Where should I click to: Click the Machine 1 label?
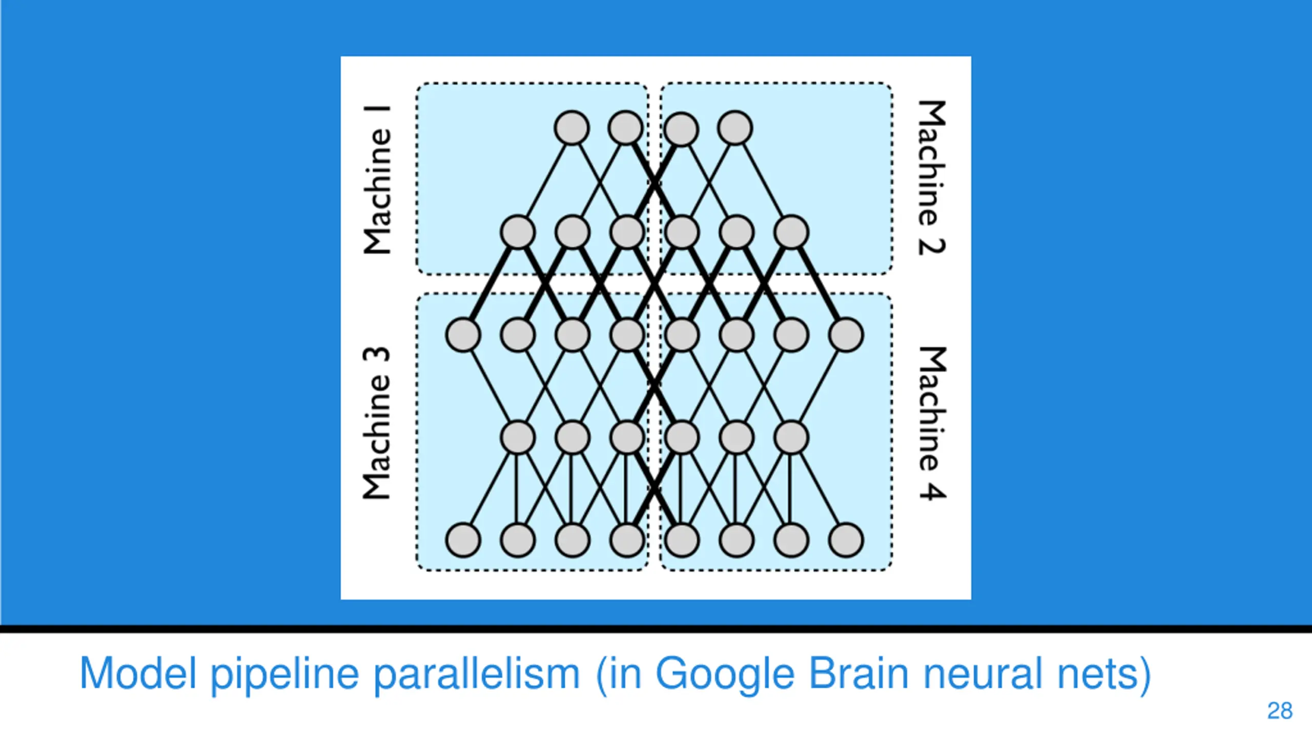(377, 180)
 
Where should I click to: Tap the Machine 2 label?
(932, 177)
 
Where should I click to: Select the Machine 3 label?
(377, 423)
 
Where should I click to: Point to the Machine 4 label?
(932, 423)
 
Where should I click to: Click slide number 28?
(1280, 711)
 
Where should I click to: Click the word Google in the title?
(725, 674)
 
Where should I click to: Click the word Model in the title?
(138, 673)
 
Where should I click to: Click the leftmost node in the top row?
(571, 128)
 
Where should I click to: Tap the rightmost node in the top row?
(735, 128)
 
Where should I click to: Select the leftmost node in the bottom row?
(463, 540)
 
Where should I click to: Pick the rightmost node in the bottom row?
(846, 540)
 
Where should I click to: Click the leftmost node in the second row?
(518, 232)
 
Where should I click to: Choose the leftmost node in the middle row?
(463, 335)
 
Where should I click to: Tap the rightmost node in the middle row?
(846, 335)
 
